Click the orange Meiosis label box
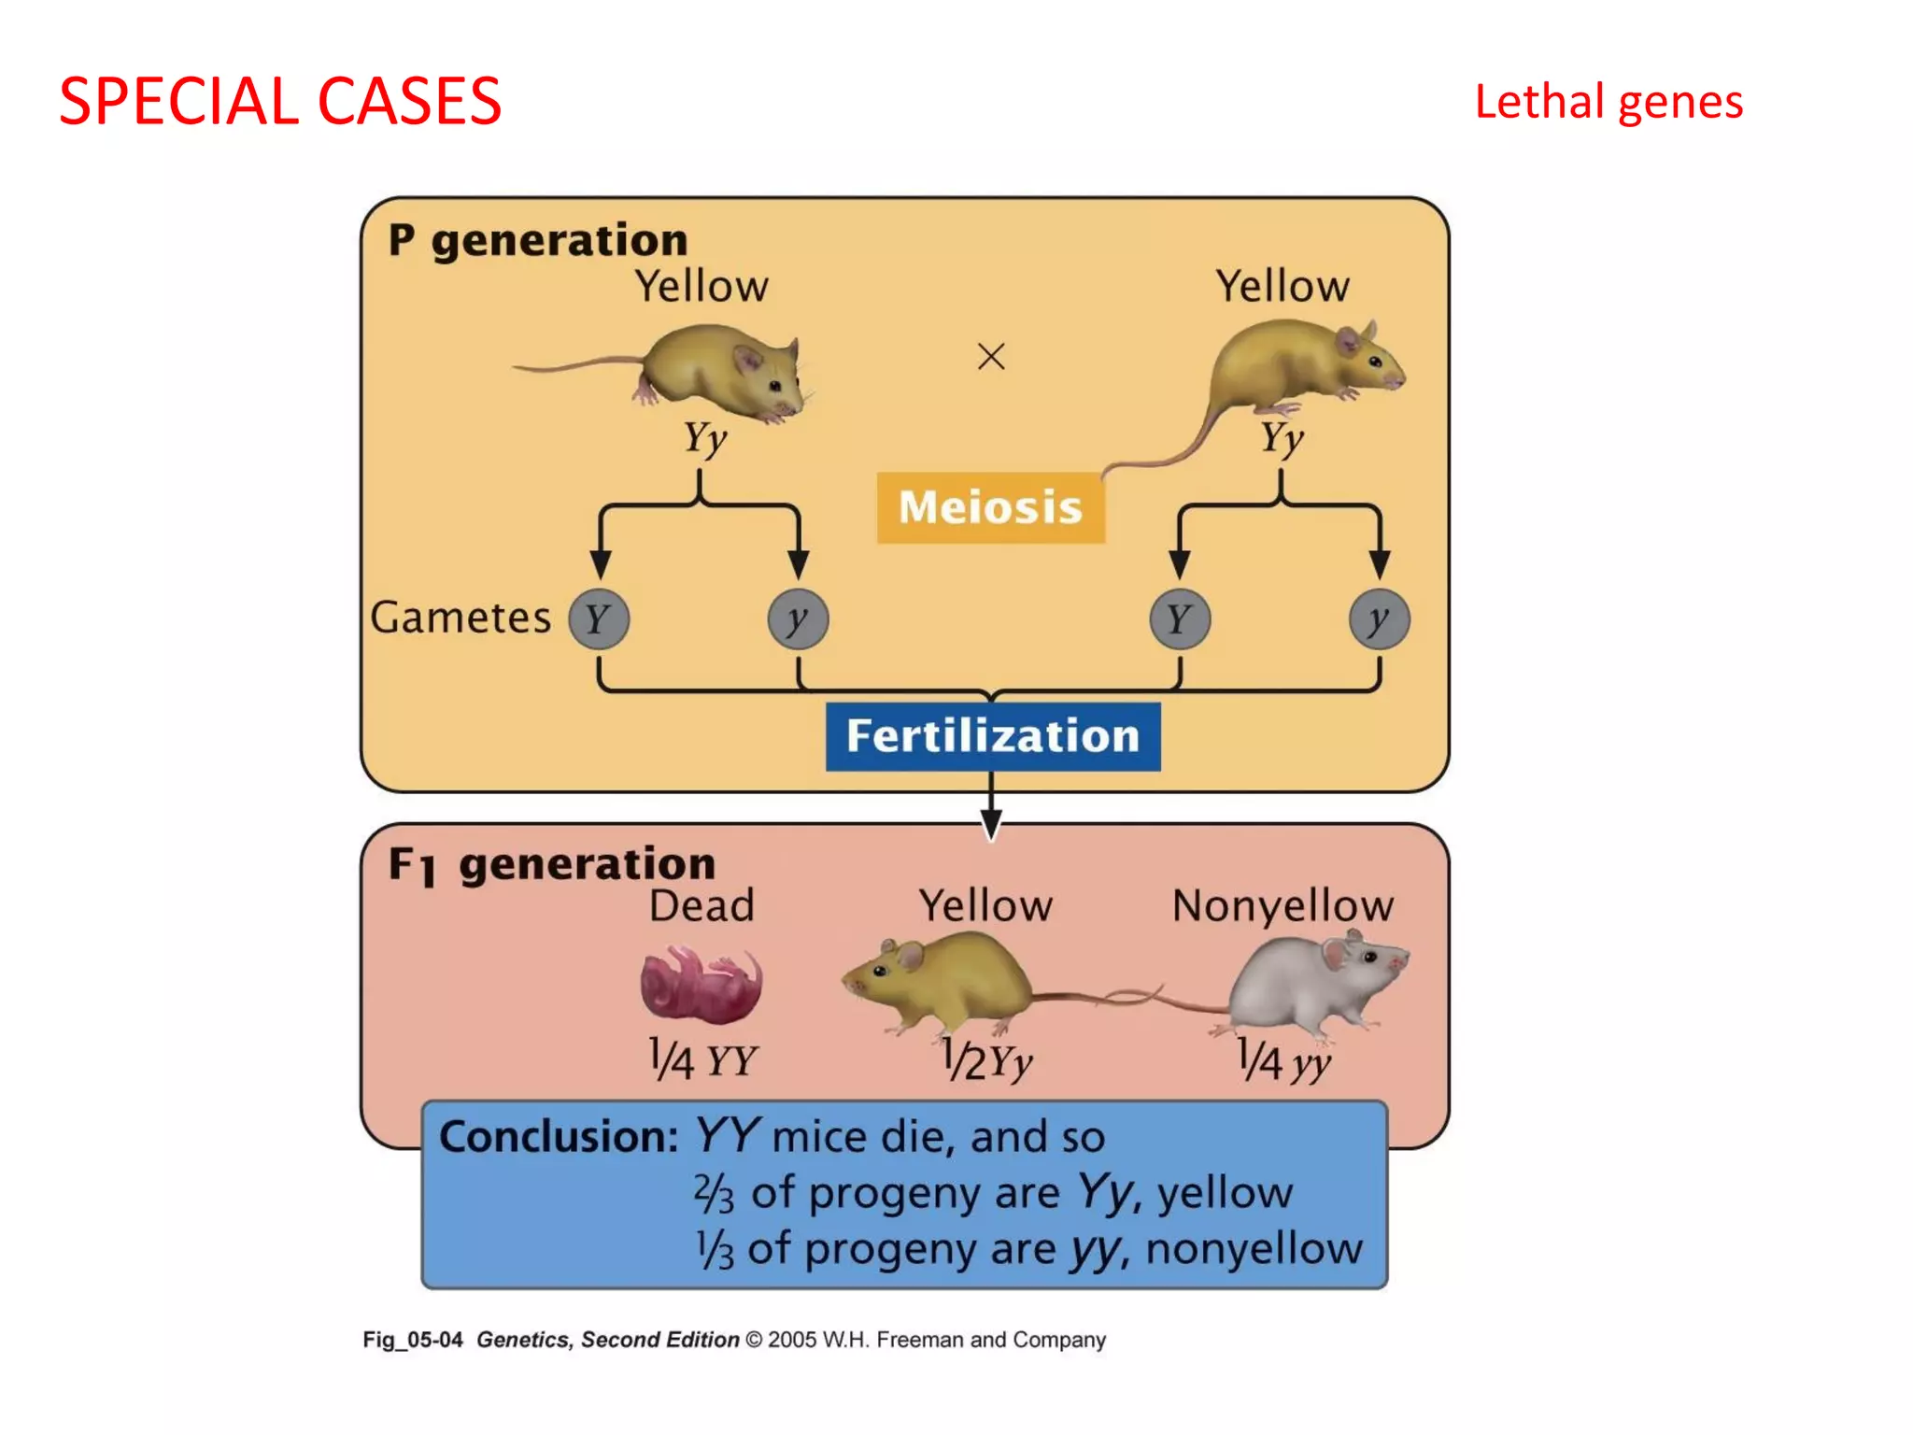(x=990, y=507)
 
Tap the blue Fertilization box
(x=993, y=736)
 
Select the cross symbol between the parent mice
(x=991, y=356)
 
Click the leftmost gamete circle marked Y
(x=599, y=618)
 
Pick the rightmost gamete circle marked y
(x=1379, y=618)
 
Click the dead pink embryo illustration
(x=701, y=984)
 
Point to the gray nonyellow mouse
(x=1317, y=986)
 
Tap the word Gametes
(x=461, y=618)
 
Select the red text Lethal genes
(x=1608, y=101)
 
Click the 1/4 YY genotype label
(x=702, y=1060)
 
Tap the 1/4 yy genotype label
(x=1283, y=1060)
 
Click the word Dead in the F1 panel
(x=701, y=905)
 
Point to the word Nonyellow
(x=1282, y=905)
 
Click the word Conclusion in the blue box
(x=558, y=1137)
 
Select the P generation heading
(x=538, y=240)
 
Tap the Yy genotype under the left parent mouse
(x=704, y=437)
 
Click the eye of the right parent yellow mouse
(x=1374, y=361)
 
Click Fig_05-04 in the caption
(x=412, y=1340)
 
